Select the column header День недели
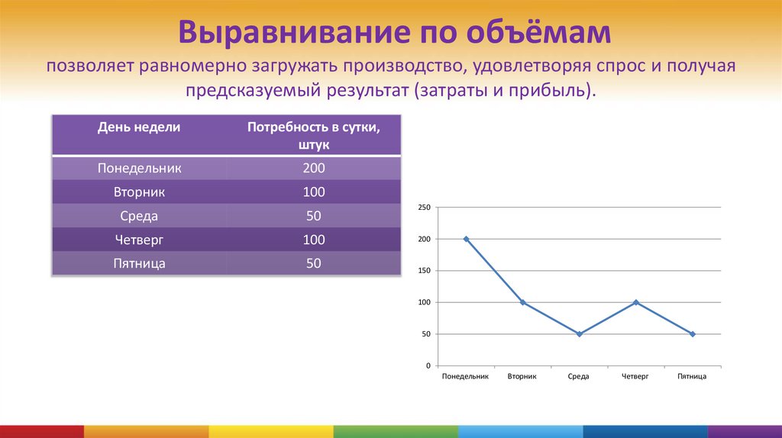139,127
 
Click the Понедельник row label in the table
139,168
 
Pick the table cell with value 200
314,168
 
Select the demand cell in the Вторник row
314,192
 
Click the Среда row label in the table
139,216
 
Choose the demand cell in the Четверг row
314,240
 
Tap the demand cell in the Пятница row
314,263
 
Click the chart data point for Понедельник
467,239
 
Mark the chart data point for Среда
580,334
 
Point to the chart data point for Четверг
636,302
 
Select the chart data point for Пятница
693,334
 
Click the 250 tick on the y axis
425,208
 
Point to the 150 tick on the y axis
425,271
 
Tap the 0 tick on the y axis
428,366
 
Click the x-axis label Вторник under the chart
522,377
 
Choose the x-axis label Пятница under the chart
692,377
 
